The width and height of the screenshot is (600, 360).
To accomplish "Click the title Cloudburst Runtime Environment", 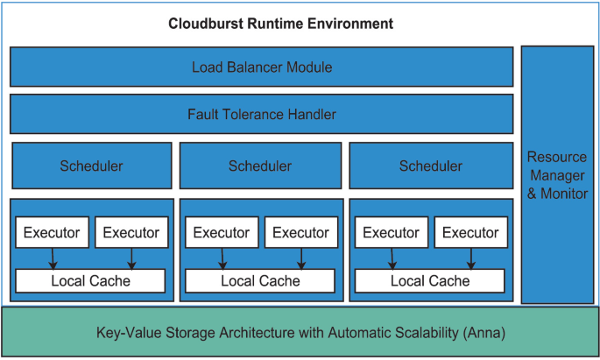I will click(280, 23).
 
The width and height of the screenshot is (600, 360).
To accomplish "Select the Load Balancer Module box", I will click(261, 67).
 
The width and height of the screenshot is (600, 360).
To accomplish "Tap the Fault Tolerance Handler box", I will click(261, 114).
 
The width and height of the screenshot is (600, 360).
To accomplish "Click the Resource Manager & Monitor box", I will click(557, 174).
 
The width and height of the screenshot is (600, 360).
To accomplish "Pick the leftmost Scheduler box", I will click(91, 166).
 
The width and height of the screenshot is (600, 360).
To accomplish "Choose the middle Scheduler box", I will click(260, 166).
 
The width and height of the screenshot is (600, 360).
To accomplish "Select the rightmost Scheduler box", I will click(430, 166).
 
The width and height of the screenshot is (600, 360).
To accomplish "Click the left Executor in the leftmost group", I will click(52, 232).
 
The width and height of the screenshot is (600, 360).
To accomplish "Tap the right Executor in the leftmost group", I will click(131, 232).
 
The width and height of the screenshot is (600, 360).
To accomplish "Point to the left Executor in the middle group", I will click(222, 232).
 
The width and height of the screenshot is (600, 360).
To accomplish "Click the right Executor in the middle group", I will click(301, 232).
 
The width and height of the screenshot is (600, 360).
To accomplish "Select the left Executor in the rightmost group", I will click(391, 232).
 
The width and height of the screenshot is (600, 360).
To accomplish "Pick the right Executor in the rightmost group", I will click(470, 232).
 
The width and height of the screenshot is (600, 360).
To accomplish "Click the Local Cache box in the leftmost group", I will click(90, 280).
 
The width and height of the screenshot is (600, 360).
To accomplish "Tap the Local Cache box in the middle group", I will click(260, 280).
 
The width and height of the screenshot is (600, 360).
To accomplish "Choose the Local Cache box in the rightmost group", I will click(430, 280).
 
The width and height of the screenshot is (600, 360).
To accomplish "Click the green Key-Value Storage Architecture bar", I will click(300, 333).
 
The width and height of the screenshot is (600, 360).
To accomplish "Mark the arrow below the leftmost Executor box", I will click(53, 258).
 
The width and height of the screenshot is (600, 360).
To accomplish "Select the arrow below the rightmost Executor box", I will click(471, 258).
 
